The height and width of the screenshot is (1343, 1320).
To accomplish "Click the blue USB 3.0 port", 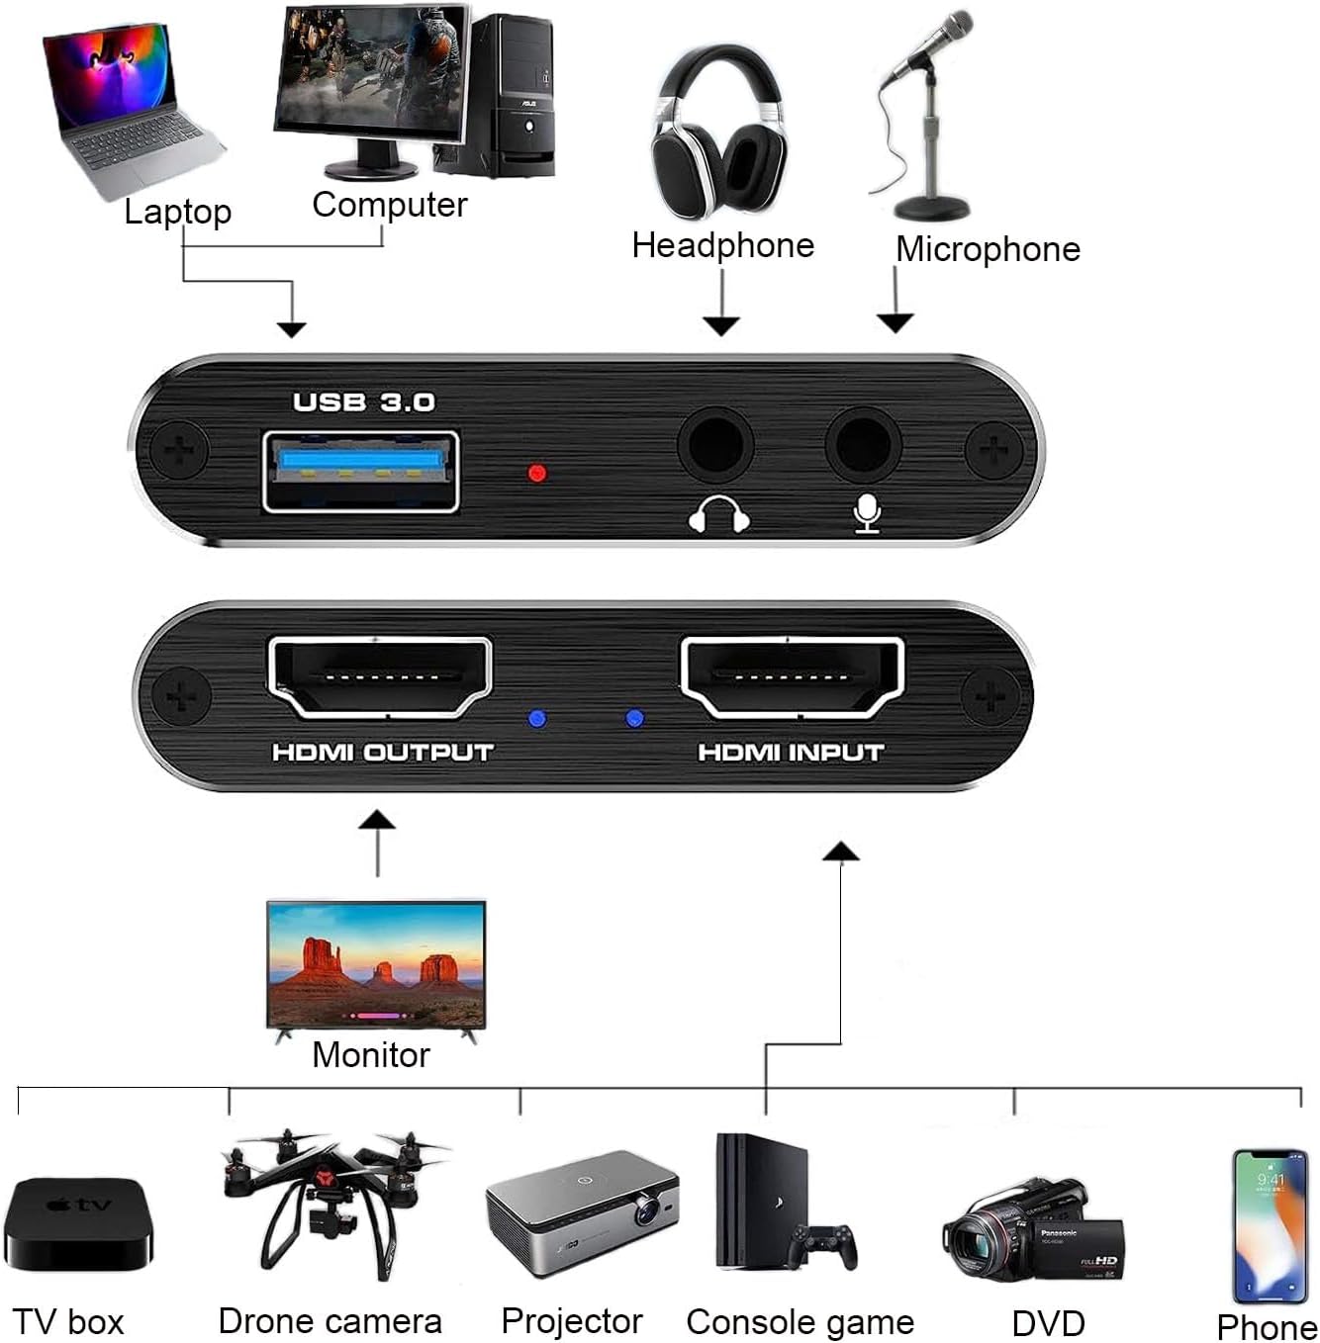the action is tap(360, 472).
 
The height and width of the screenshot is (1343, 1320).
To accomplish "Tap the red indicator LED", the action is tap(537, 473).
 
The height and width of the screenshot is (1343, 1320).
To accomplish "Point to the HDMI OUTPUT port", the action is tap(380, 678).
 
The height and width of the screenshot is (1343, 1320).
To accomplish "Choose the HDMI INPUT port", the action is tap(792, 678).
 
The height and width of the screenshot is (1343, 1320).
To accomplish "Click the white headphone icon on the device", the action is tap(718, 514).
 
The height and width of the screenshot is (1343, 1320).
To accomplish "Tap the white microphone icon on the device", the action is tap(867, 513).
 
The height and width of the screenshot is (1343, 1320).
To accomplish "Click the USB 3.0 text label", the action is tap(364, 402).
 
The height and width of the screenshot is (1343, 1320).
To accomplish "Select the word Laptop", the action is tap(178, 212).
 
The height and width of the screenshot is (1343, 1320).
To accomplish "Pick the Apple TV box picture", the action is tap(78, 1223).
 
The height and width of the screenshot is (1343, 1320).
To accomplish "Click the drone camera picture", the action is tap(327, 1197).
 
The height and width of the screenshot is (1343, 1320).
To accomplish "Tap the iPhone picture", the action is tap(1270, 1225).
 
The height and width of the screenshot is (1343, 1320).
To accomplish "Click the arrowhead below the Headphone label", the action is tap(722, 325).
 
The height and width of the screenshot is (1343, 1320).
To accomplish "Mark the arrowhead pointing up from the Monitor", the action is tap(377, 820).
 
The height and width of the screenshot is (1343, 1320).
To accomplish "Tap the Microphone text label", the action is tap(988, 249).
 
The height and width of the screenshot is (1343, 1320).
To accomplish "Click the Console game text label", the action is tap(800, 1321).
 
